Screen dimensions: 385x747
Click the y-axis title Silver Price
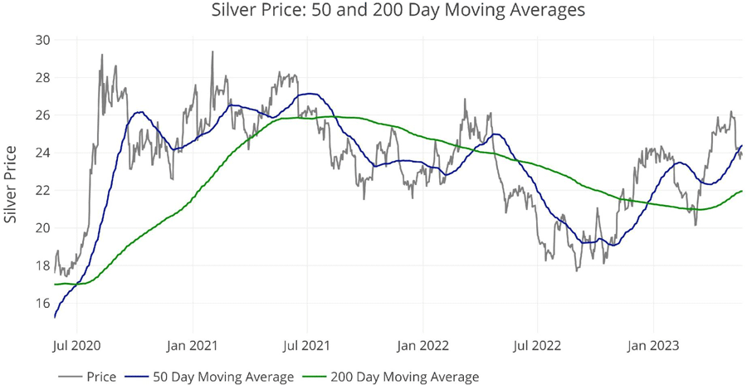pyautogui.click(x=12, y=184)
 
